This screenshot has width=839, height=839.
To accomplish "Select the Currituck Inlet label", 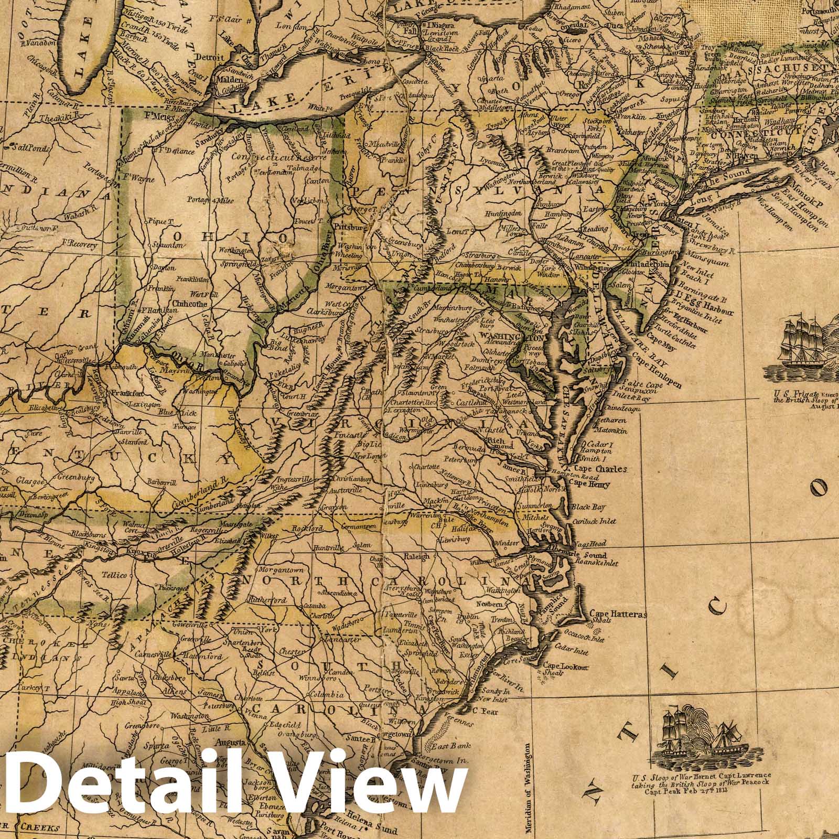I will (x=593, y=521).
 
